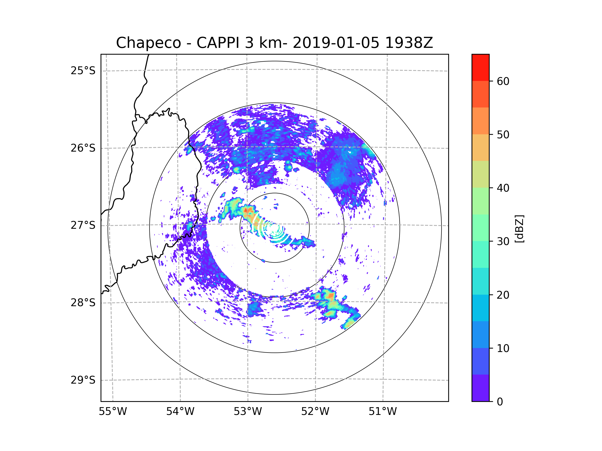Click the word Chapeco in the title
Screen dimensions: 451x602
[x=148, y=43]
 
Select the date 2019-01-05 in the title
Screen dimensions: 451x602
[x=336, y=43]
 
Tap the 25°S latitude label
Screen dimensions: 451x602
[x=83, y=71]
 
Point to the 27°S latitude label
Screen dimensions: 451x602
[x=83, y=225]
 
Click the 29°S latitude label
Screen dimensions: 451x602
[x=83, y=380]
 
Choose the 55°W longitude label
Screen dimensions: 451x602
[x=113, y=412]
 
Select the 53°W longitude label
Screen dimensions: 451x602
[x=248, y=412]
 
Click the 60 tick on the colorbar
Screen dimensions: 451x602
[x=503, y=81]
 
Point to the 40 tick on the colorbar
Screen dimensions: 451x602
[x=503, y=188]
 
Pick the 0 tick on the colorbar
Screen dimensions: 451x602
[x=500, y=402]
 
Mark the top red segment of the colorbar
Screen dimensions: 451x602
[x=480, y=67]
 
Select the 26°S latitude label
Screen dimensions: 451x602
[x=83, y=148]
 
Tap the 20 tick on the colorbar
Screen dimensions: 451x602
[x=503, y=295]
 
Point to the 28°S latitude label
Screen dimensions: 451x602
[x=83, y=303]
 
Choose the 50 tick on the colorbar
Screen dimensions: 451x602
[x=503, y=135]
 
